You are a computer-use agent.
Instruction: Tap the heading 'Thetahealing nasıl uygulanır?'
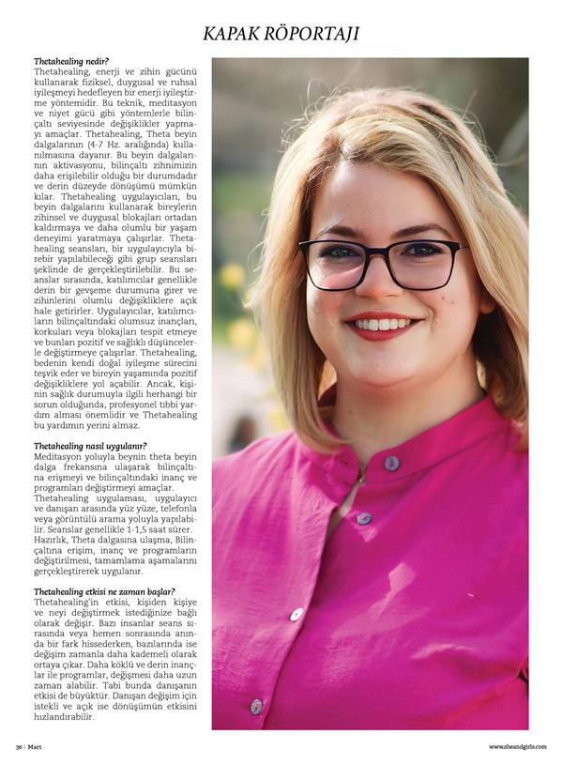coord(90,446)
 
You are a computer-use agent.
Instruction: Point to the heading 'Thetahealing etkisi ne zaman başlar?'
coord(104,592)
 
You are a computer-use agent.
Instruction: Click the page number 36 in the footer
coord(19,747)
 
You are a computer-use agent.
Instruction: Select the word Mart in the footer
coord(39,747)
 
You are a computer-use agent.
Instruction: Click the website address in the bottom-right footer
coord(518,747)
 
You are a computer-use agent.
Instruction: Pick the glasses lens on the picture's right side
coord(427,265)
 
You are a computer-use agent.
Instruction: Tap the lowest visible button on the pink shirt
coord(256,706)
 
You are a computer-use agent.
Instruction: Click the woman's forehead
coord(380,192)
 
